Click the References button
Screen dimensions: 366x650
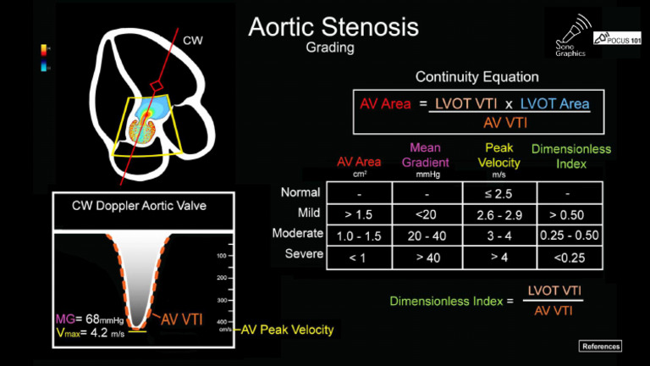click(601, 346)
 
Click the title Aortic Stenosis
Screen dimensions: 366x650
click(333, 27)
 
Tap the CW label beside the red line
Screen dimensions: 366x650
click(193, 40)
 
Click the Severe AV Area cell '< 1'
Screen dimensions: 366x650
click(359, 257)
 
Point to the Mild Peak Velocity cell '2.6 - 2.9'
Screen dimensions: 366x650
click(499, 214)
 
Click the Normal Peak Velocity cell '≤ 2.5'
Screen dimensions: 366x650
click(499, 193)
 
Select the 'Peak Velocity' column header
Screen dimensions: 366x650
click(499, 155)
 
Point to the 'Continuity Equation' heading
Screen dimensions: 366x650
click(476, 77)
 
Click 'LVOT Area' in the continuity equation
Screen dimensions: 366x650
click(554, 103)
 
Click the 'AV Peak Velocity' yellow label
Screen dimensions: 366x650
click(288, 330)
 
